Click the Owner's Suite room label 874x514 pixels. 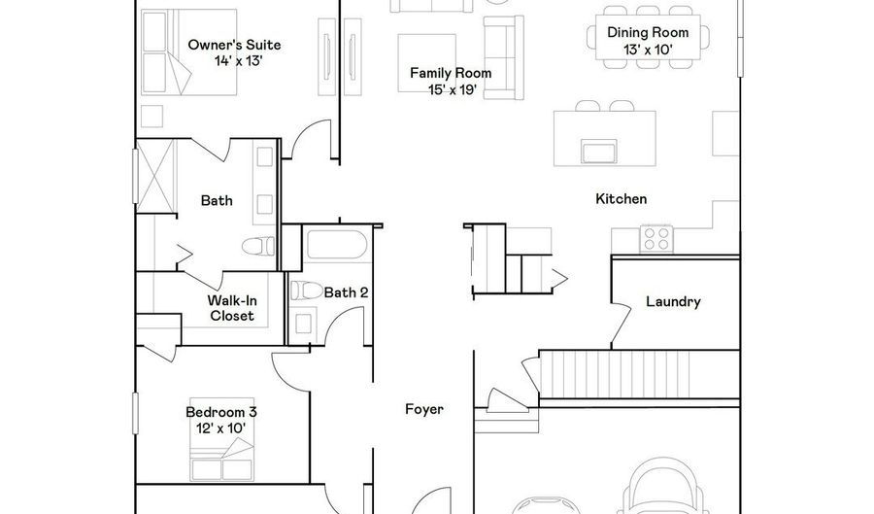(x=234, y=52)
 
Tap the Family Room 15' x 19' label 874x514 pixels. (x=451, y=81)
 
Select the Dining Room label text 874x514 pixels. (x=648, y=32)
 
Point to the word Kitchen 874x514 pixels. (x=621, y=199)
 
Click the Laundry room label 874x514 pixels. (x=673, y=301)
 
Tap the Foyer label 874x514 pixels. (x=424, y=409)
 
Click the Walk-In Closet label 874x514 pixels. (x=232, y=308)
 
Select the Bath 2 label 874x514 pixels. (x=346, y=292)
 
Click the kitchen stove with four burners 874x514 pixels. (x=656, y=239)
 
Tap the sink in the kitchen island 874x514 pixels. (x=599, y=151)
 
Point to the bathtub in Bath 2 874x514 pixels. (x=337, y=245)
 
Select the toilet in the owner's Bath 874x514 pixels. (x=258, y=245)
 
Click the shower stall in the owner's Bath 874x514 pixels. (x=155, y=176)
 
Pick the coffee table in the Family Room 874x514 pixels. (x=426, y=63)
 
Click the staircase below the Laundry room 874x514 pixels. (x=639, y=374)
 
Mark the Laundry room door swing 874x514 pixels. (x=621, y=323)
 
